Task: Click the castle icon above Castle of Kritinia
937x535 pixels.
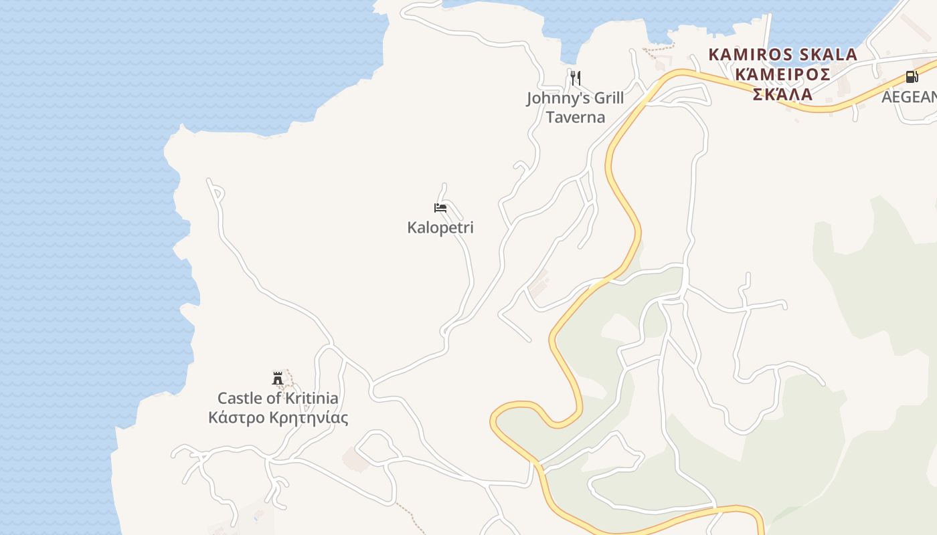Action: click(x=278, y=379)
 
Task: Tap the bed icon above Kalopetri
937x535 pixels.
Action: click(x=440, y=208)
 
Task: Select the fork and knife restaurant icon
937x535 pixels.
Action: click(x=575, y=78)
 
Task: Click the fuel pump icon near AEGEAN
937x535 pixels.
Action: click(x=912, y=77)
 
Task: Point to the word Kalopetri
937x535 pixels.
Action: click(x=440, y=227)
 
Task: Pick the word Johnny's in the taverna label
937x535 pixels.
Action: click(x=558, y=98)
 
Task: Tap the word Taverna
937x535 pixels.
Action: click(x=575, y=118)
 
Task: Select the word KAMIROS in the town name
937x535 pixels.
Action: click(x=748, y=54)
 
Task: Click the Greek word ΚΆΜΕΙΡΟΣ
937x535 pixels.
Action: click(x=782, y=74)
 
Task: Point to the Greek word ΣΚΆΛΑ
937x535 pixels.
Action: click(x=782, y=94)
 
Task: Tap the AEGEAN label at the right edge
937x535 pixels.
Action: click(x=909, y=97)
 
